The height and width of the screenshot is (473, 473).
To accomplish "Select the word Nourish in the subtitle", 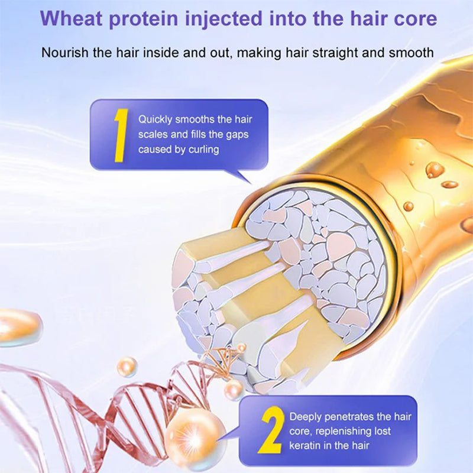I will click(x=66, y=53).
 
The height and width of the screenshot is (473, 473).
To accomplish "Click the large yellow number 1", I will click(x=119, y=135).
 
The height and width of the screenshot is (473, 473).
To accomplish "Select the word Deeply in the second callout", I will click(x=305, y=417).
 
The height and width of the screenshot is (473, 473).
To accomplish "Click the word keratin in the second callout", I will click(x=306, y=445).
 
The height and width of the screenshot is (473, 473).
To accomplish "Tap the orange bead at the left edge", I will click(x=18, y=326).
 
